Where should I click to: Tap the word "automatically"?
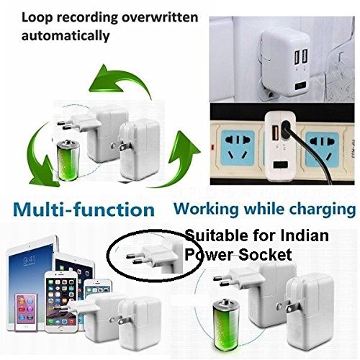coord(66,36)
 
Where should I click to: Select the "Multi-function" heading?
coord(84,210)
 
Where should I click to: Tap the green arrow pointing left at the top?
coord(120,81)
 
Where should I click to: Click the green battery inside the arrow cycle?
coord(68,161)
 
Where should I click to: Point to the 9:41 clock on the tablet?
coord(30,260)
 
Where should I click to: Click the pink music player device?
coord(26,311)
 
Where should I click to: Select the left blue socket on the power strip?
coord(238,148)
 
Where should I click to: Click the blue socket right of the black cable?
coord(322,149)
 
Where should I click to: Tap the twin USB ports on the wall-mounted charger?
coord(302,56)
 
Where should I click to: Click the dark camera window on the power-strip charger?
coord(281,165)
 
